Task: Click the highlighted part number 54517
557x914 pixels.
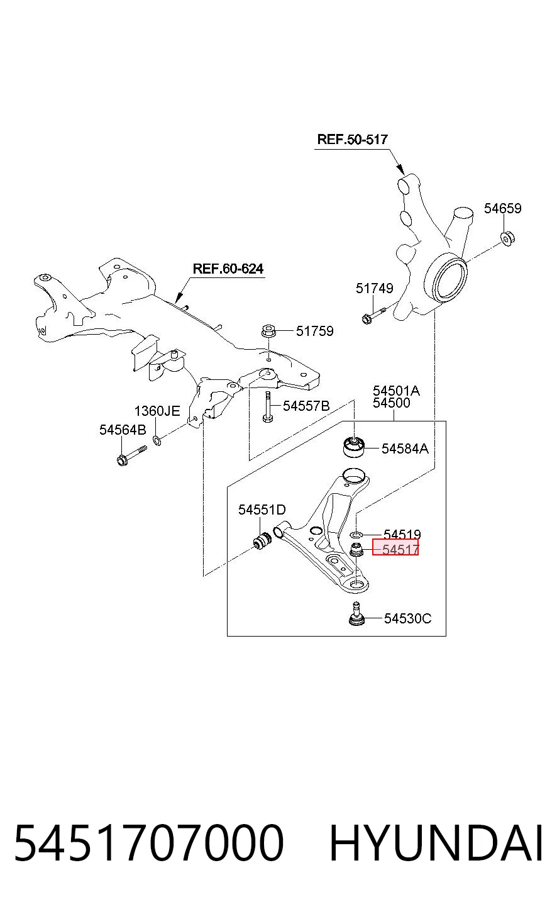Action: click(x=400, y=549)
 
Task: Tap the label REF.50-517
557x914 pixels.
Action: click(x=352, y=140)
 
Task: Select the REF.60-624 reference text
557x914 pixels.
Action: click(x=228, y=269)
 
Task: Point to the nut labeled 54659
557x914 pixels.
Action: click(x=507, y=238)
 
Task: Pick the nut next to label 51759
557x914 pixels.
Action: click(x=268, y=331)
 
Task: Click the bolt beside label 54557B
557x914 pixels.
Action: click(x=267, y=407)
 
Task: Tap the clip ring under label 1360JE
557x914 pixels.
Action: click(x=157, y=440)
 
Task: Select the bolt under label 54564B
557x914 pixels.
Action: click(x=131, y=455)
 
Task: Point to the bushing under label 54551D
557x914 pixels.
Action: click(x=262, y=540)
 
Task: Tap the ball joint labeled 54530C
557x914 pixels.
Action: click(x=356, y=614)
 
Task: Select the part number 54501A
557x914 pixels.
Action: click(x=396, y=391)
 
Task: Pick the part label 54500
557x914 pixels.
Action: click(x=392, y=403)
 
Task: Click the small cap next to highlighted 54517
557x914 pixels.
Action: click(x=357, y=550)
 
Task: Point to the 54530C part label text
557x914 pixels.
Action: click(x=407, y=618)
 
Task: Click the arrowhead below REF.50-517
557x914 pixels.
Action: click(x=400, y=169)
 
